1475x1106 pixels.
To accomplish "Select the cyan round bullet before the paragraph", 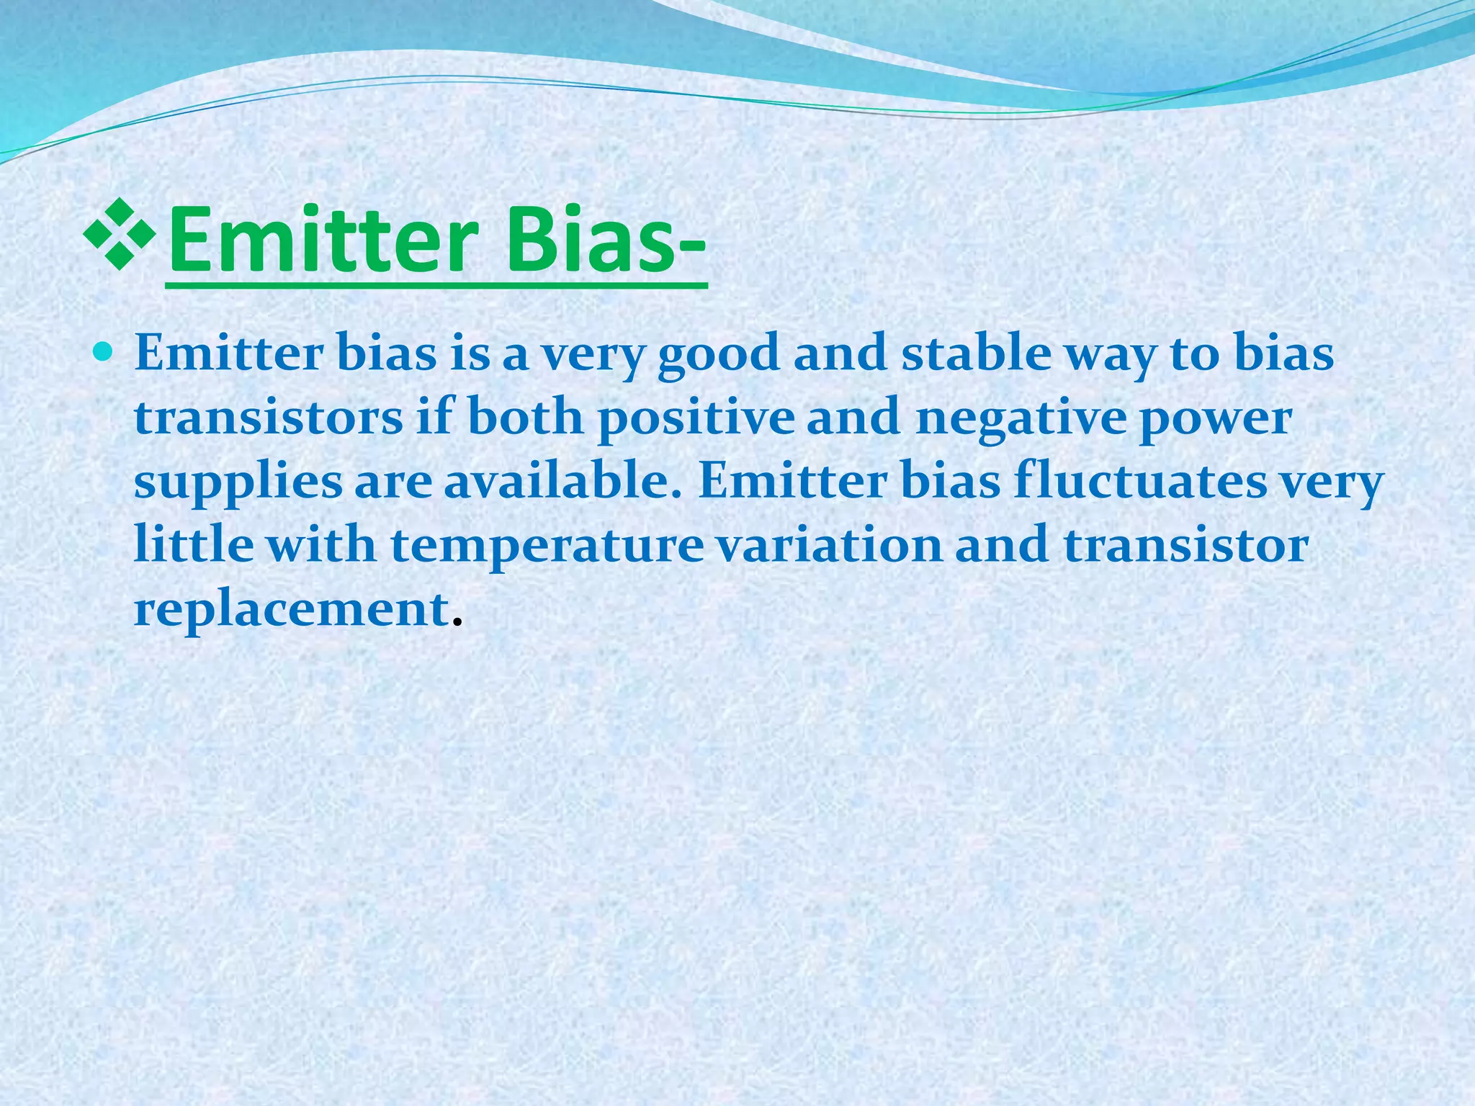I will [x=105, y=352].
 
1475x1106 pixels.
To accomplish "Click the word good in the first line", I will [x=719, y=354].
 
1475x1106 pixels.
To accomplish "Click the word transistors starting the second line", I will [x=268, y=418].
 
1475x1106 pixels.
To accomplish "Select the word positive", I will [x=696, y=418].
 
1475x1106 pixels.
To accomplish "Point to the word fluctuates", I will [x=1139, y=481].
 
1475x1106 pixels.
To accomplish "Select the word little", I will [x=194, y=544].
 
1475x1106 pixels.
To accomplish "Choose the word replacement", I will [x=292, y=609].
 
